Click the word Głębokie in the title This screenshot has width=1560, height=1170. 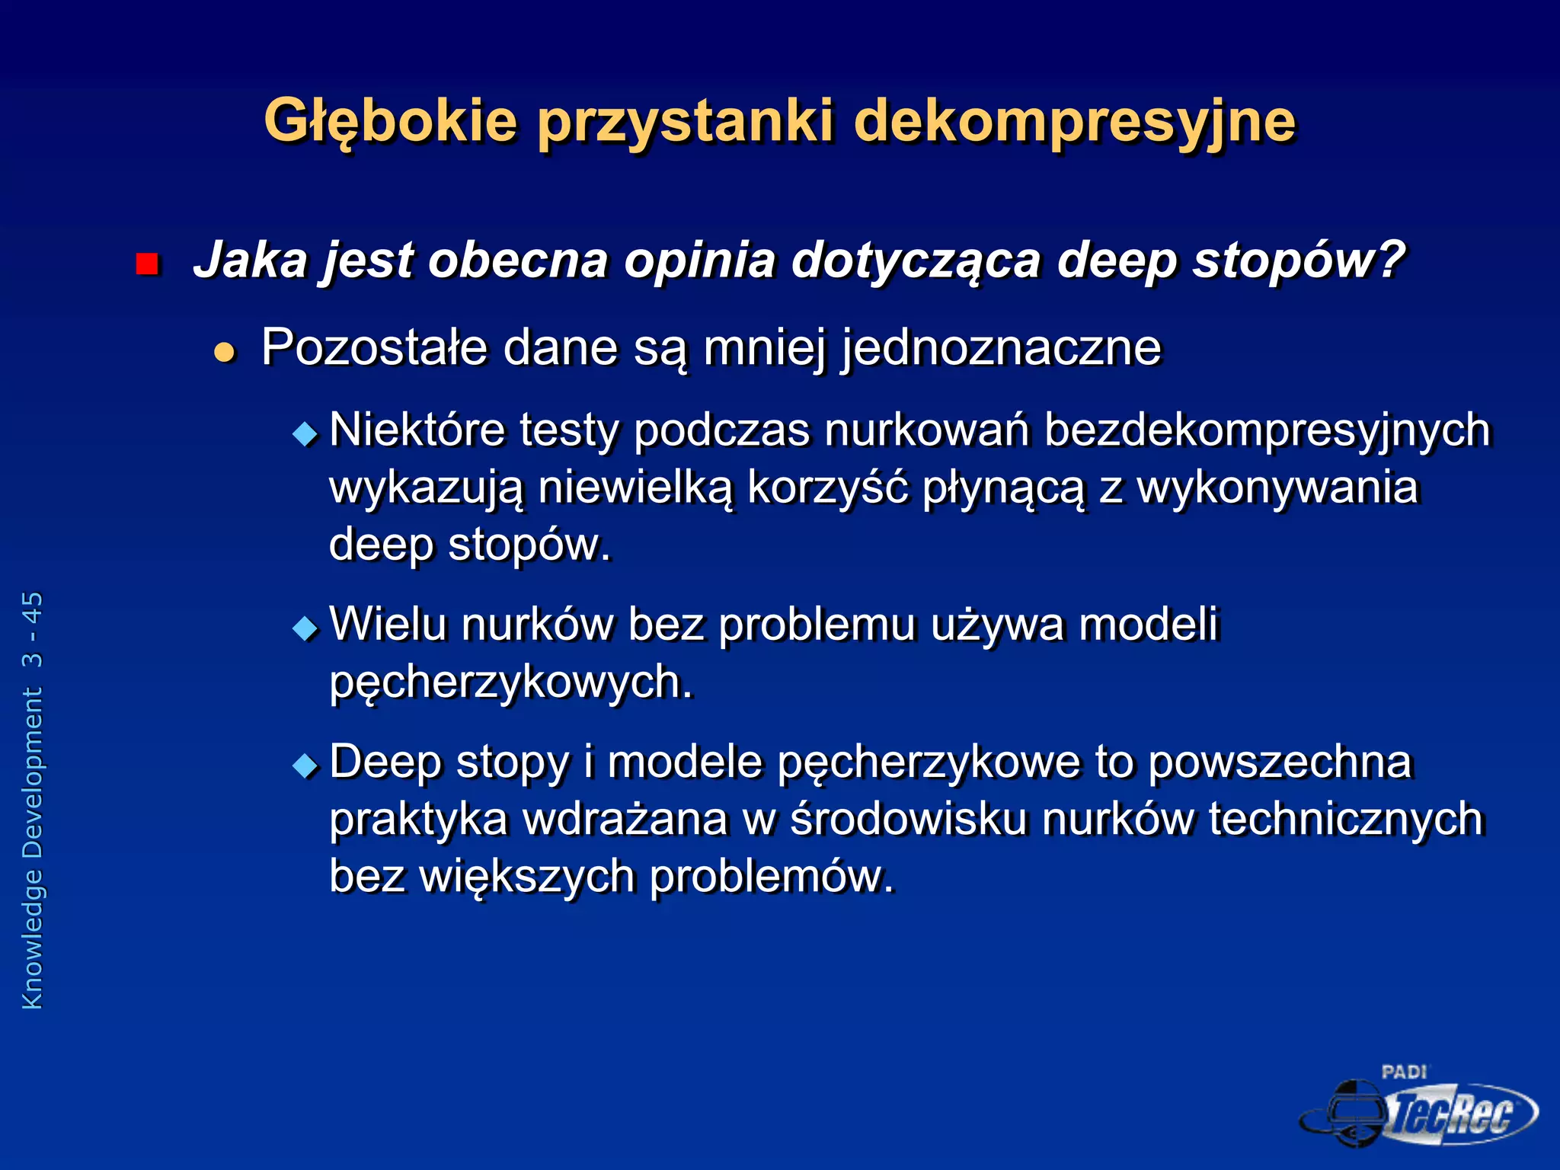(x=390, y=122)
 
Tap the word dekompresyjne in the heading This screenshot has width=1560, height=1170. (x=1074, y=122)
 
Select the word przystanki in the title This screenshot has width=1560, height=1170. (x=686, y=122)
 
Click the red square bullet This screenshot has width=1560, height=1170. (x=146, y=264)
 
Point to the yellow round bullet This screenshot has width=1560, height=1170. (x=225, y=352)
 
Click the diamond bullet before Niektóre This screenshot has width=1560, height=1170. (x=305, y=434)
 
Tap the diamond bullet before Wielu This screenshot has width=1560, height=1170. (x=305, y=628)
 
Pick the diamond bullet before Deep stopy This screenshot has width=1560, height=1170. (x=305, y=765)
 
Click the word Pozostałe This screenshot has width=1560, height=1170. (x=374, y=347)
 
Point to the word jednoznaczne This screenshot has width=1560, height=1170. (x=1001, y=349)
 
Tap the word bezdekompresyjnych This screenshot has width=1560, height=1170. (x=1267, y=430)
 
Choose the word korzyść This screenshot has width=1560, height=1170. (x=827, y=487)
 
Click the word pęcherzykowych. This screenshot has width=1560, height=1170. (x=511, y=682)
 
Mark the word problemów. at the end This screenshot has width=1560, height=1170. (x=772, y=876)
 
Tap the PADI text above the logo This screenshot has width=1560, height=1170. (x=1403, y=1072)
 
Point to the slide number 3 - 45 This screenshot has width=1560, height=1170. (x=32, y=629)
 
